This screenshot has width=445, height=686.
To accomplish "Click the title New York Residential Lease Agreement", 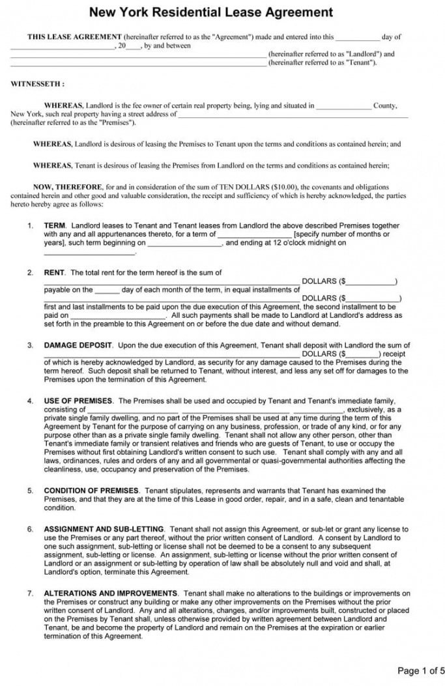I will click(211, 12).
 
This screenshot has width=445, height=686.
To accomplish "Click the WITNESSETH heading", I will click(37, 84).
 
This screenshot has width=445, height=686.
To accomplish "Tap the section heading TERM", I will click(55, 225).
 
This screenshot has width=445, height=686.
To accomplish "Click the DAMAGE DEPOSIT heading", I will click(78, 345).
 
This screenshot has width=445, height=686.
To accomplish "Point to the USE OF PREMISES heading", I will click(78, 401).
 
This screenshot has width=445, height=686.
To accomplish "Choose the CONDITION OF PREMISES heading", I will click(91, 491).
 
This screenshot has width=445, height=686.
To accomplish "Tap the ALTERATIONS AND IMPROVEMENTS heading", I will click(110, 593).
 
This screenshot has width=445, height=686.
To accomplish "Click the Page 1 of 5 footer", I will click(421, 670).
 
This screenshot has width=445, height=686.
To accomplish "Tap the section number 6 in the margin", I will click(30, 529).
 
